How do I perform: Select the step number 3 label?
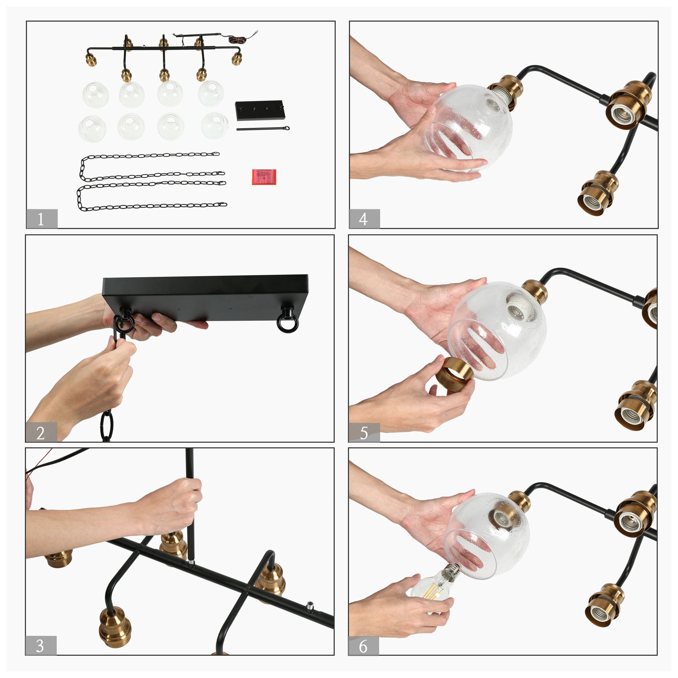(x=40, y=646)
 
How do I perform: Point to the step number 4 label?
(x=363, y=220)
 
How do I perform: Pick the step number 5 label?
(x=364, y=433)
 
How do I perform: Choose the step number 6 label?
(x=363, y=647)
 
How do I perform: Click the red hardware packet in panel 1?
(x=264, y=177)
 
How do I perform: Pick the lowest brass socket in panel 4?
(x=598, y=194)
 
